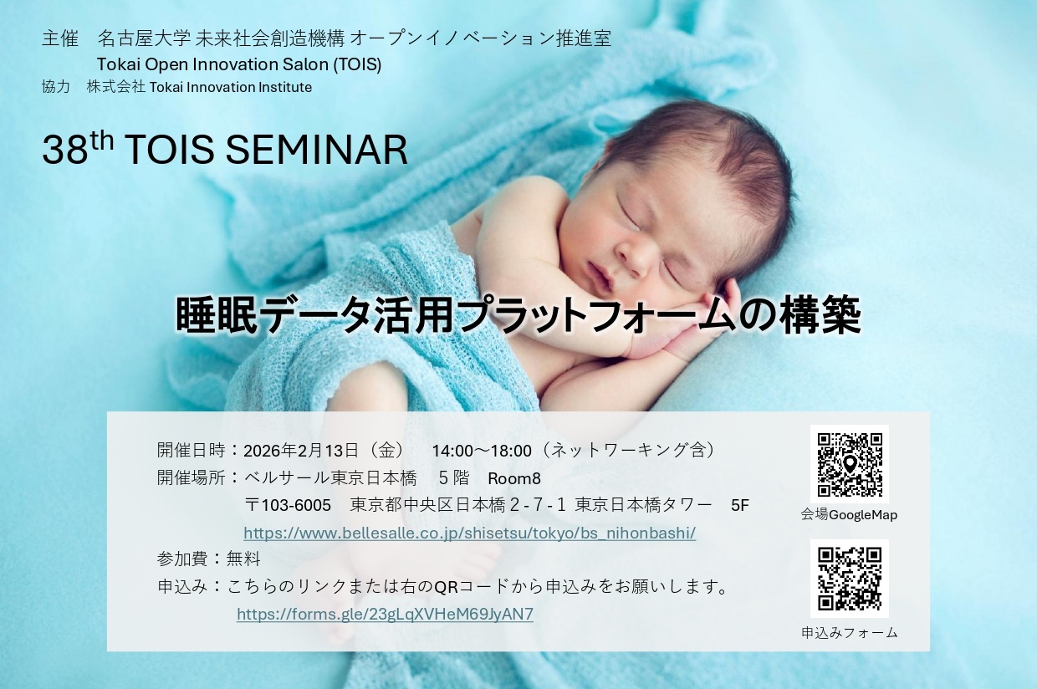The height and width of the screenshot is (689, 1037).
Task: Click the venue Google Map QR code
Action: [850, 464]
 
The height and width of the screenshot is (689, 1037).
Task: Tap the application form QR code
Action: [850, 579]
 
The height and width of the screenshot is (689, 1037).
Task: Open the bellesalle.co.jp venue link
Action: [469, 533]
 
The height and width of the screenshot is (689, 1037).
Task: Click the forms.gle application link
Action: [385, 614]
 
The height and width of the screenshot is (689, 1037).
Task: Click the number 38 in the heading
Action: [65, 150]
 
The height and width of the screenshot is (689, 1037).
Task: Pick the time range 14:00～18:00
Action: [482, 451]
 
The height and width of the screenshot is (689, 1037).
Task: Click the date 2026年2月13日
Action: [301, 451]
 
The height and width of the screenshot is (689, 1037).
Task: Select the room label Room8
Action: [513, 478]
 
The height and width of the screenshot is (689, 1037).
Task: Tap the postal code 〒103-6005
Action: [288, 505]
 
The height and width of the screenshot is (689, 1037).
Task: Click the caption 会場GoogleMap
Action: [849, 515]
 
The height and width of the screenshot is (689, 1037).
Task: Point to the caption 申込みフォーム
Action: [850, 632]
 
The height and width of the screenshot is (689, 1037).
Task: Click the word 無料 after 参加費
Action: [243, 559]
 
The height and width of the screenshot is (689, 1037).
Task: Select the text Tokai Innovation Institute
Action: [231, 87]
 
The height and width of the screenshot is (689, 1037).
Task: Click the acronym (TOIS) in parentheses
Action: [357, 64]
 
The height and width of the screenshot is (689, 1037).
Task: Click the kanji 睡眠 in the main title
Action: [217, 315]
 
